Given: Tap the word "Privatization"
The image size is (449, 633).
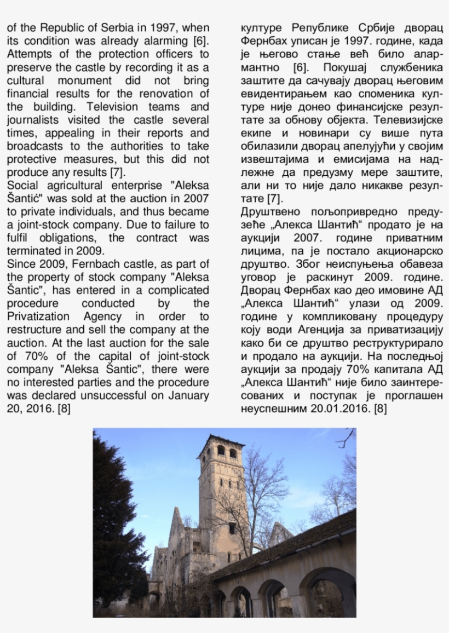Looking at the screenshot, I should [38, 316].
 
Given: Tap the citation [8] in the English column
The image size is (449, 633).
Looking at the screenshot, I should [64, 408].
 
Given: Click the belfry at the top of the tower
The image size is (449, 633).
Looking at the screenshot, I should [222, 450].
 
